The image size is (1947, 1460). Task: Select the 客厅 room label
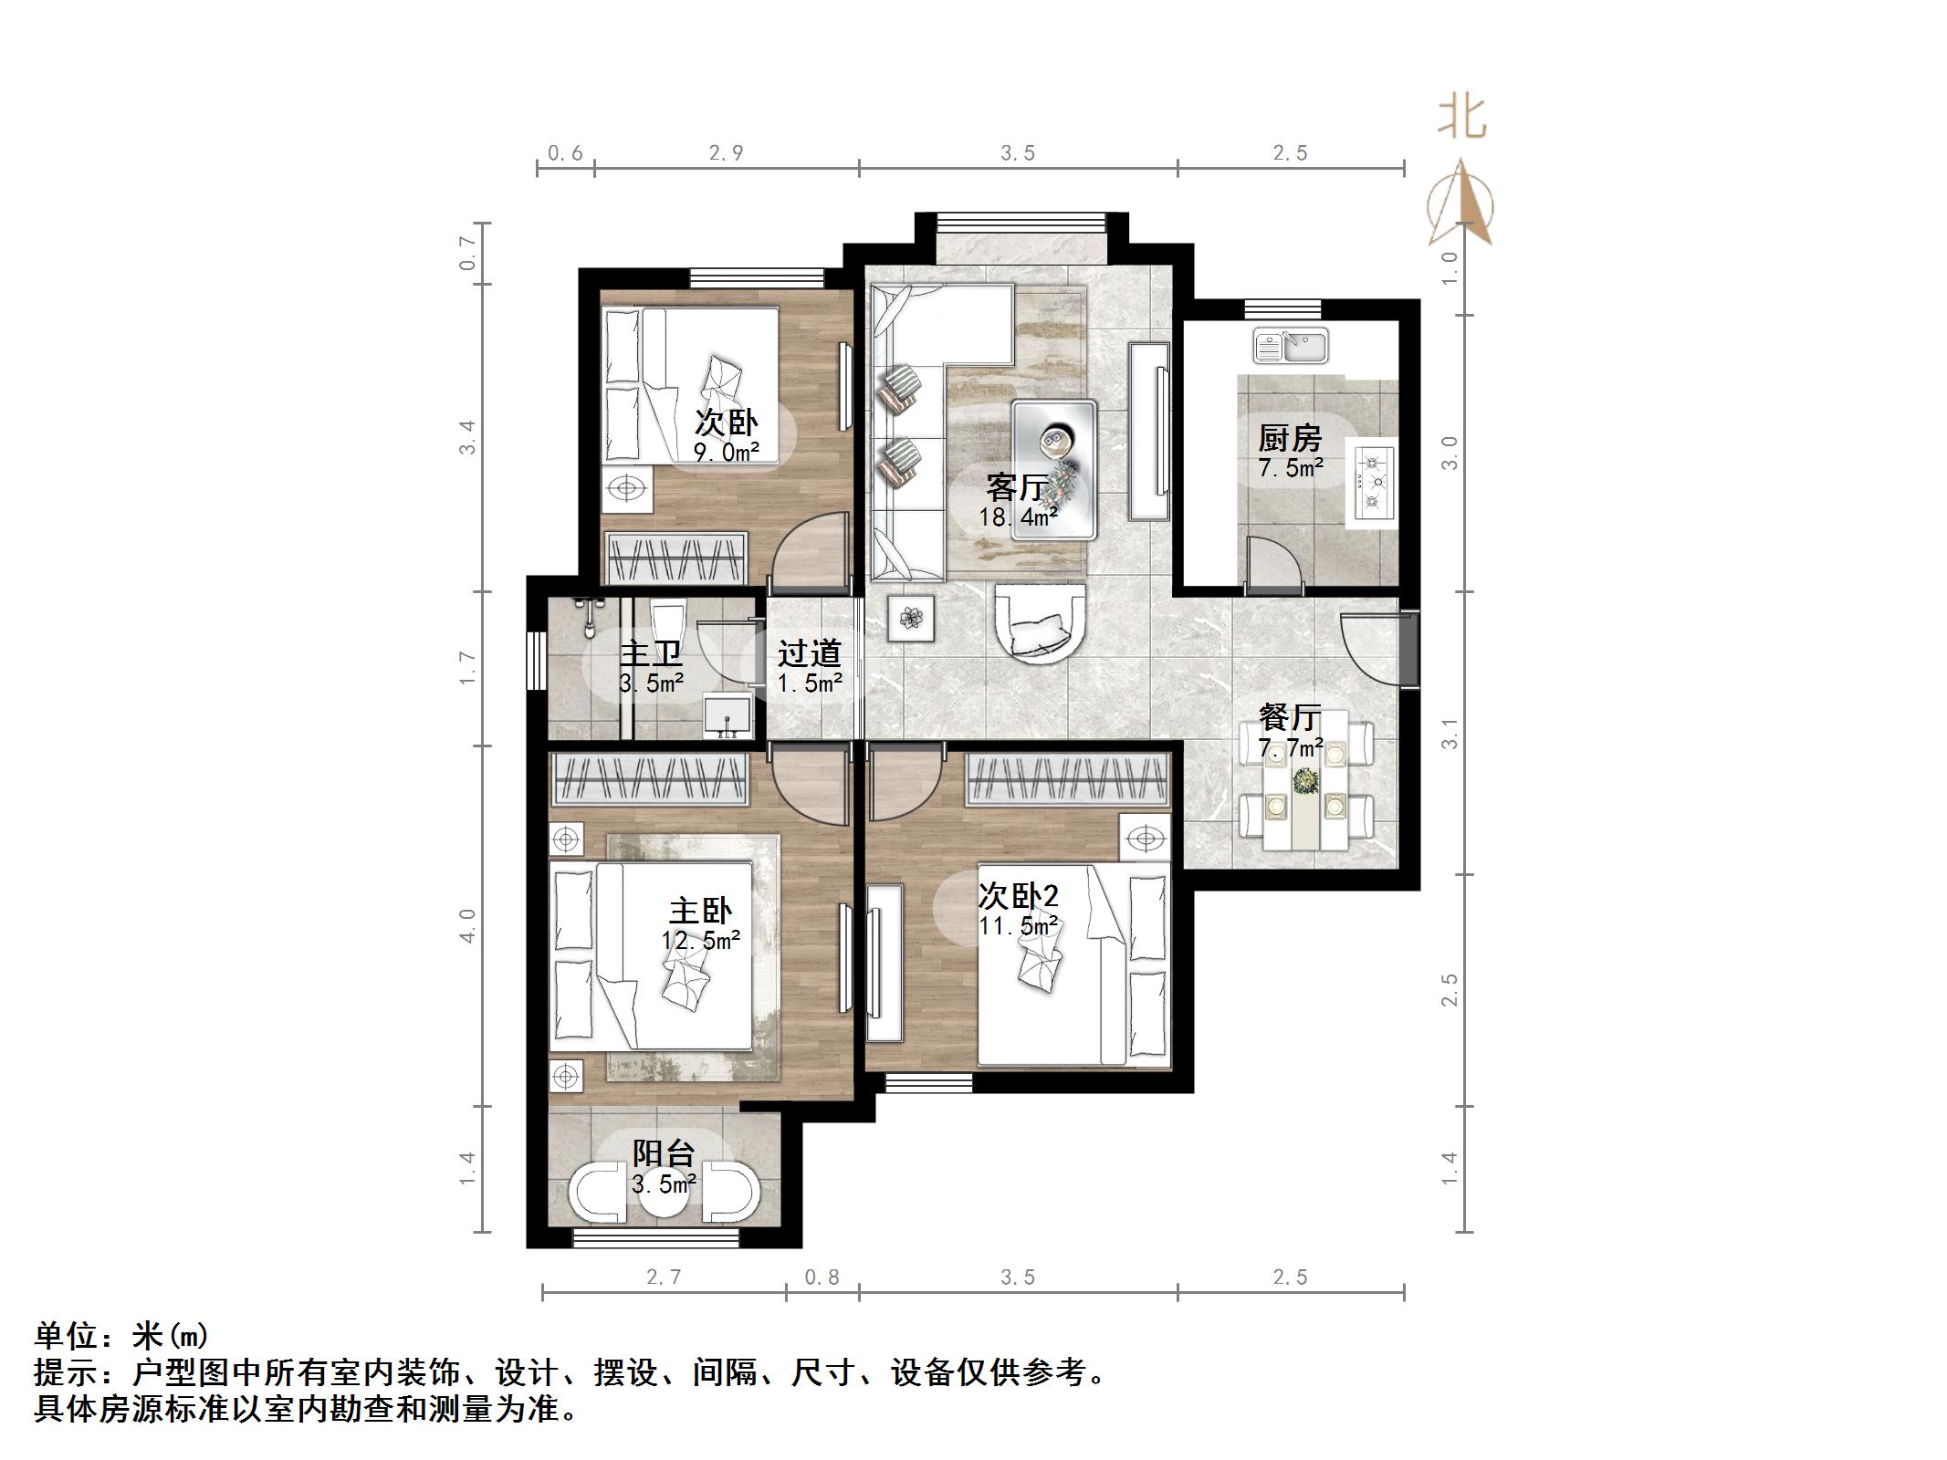tap(1016, 488)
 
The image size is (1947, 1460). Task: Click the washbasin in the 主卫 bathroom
tap(728, 714)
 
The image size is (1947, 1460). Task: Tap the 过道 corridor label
tap(809, 653)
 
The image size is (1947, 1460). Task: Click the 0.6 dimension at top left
tap(565, 153)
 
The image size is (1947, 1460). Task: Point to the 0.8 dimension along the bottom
tap(822, 1277)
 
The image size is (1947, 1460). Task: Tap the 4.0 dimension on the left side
tap(467, 925)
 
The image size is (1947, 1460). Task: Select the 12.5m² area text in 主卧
tap(701, 940)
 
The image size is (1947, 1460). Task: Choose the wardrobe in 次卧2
tap(1068, 781)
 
